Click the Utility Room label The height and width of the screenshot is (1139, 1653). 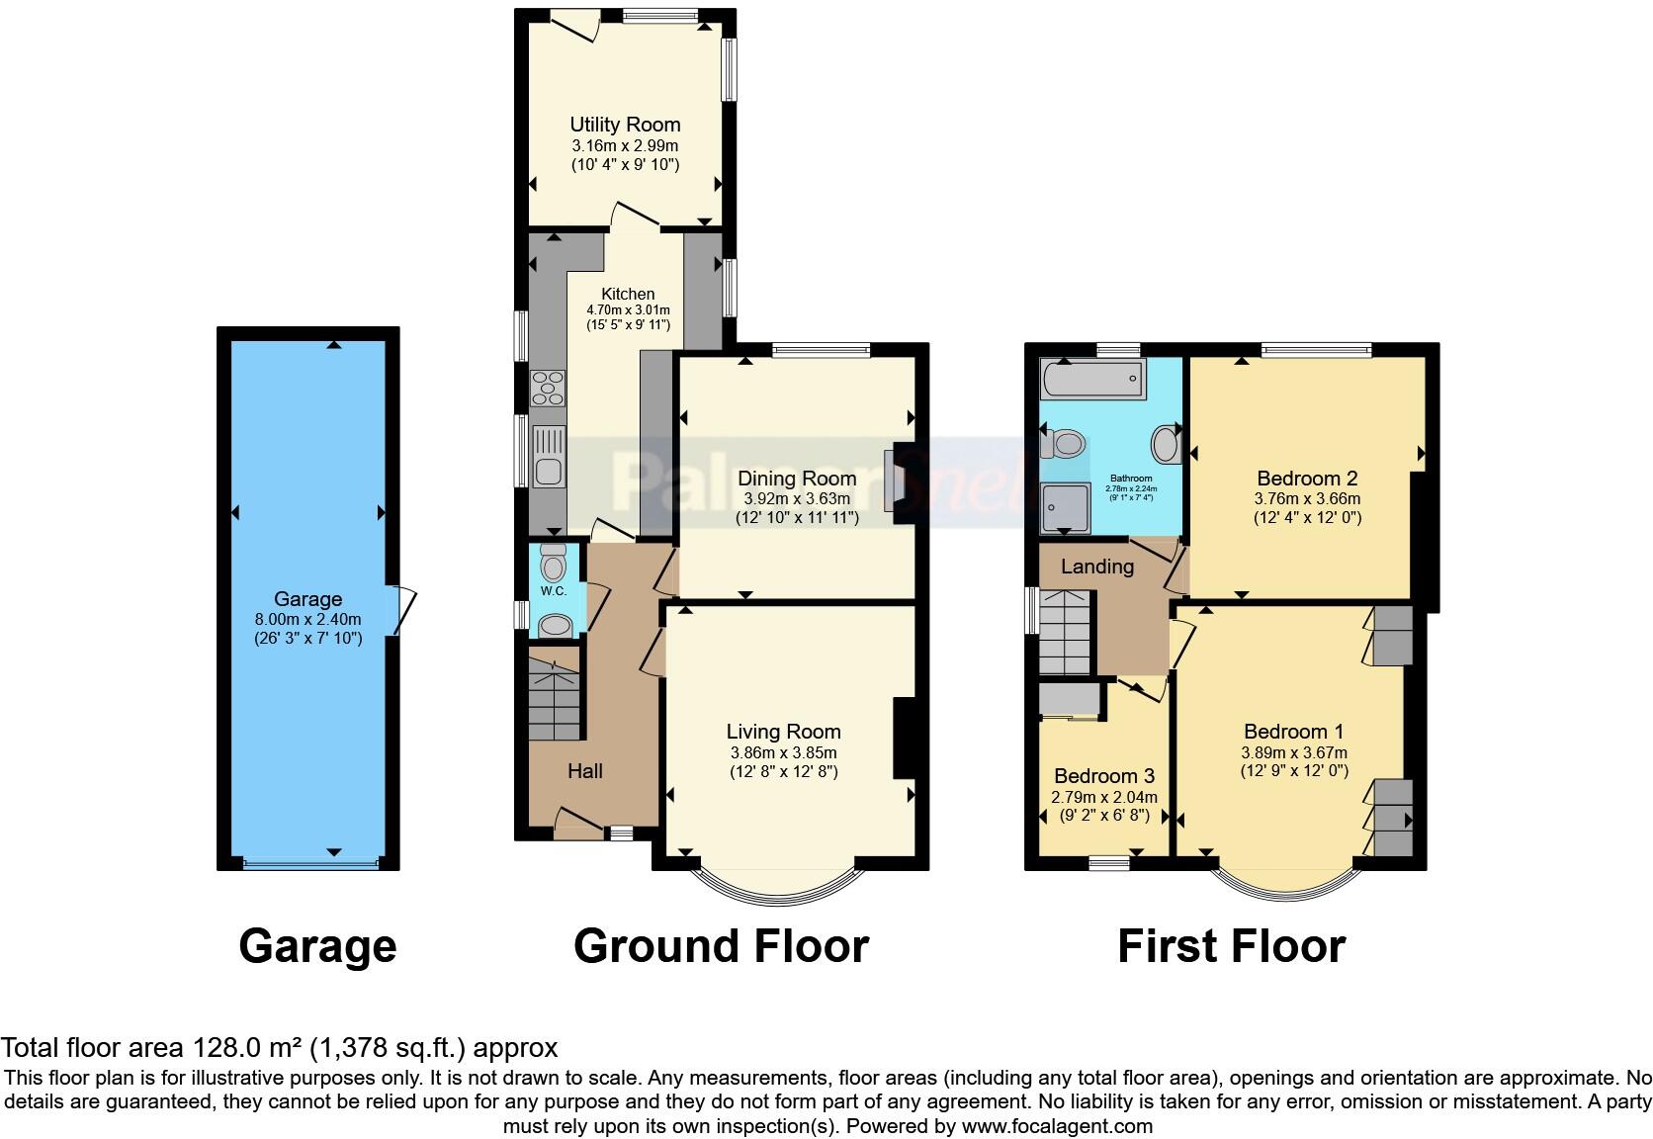(x=625, y=125)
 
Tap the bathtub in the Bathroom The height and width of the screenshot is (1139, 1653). (x=1092, y=379)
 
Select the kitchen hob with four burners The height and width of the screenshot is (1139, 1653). (x=548, y=388)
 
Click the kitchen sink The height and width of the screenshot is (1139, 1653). (x=548, y=457)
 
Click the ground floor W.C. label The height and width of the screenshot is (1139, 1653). (x=553, y=591)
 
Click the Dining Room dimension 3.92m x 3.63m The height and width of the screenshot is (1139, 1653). (x=796, y=499)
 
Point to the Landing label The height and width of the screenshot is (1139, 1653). (x=1096, y=567)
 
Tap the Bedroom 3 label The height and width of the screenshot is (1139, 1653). (x=1103, y=776)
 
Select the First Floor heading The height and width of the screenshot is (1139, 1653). (x=1231, y=946)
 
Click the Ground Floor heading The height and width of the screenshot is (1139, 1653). (x=721, y=946)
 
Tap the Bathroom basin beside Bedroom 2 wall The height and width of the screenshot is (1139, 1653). (x=1167, y=445)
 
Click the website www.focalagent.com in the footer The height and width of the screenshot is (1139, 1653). (x=1056, y=1126)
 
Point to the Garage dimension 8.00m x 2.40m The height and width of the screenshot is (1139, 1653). (x=307, y=619)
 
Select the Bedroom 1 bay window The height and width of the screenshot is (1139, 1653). (x=1283, y=886)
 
